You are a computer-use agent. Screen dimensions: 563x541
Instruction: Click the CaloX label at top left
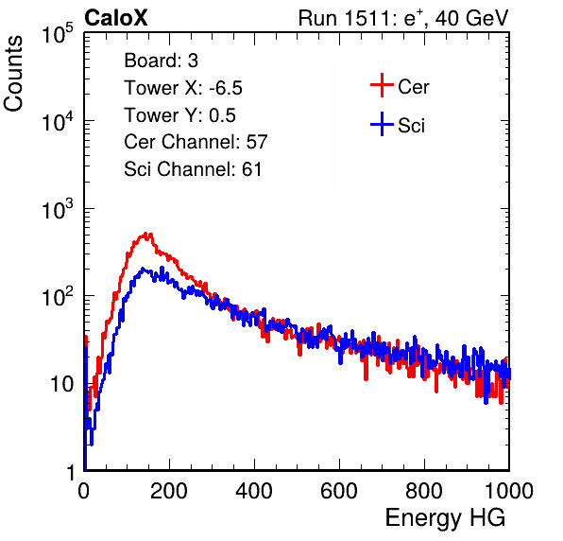pyautogui.click(x=116, y=18)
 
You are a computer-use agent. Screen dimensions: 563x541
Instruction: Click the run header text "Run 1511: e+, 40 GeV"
pyautogui.click(x=403, y=18)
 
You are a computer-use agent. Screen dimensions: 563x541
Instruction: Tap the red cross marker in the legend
pyautogui.click(x=382, y=85)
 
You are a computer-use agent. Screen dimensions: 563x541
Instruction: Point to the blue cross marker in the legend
pyautogui.click(x=382, y=125)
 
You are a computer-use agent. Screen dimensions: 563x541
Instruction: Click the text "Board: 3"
pyautogui.click(x=161, y=61)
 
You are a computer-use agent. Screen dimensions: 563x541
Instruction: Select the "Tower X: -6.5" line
pyautogui.click(x=183, y=88)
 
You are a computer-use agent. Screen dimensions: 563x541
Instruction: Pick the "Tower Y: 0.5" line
pyautogui.click(x=179, y=115)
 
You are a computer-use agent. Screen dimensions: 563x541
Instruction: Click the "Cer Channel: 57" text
pyautogui.click(x=196, y=142)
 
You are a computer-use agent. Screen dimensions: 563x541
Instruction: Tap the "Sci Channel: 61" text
pyautogui.click(x=193, y=169)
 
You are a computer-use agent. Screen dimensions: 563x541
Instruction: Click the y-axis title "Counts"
pyautogui.click(x=13, y=74)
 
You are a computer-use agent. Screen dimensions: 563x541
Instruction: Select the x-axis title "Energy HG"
pyautogui.click(x=445, y=518)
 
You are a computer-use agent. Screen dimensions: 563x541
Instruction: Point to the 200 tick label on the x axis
pyautogui.click(x=169, y=491)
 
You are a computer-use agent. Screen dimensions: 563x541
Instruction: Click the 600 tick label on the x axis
pyautogui.click(x=339, y=491)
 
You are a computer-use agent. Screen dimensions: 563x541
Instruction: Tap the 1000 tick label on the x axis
pyautogui.click(x=509, y=491)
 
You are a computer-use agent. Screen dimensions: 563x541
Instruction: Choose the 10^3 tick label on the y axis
pyautogui.click(x=58, y=209)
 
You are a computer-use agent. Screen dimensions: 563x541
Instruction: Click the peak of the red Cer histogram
pyautogui.click(x=145, y=234)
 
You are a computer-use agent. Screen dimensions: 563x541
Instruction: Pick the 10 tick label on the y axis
pyautogui.click(x=62, y=384)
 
